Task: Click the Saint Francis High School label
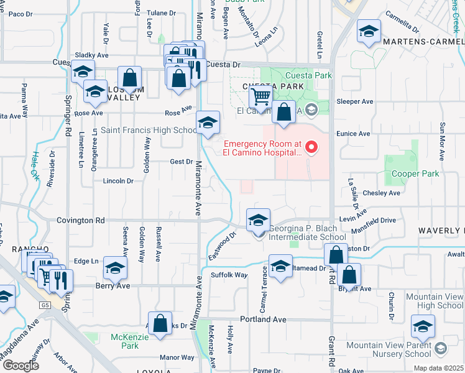pos(149,130)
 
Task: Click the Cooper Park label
pos(412,173)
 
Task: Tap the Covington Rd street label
pos(82,220)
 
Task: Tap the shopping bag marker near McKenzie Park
pos(160,323)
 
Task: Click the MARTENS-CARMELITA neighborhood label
pos(423,42)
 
